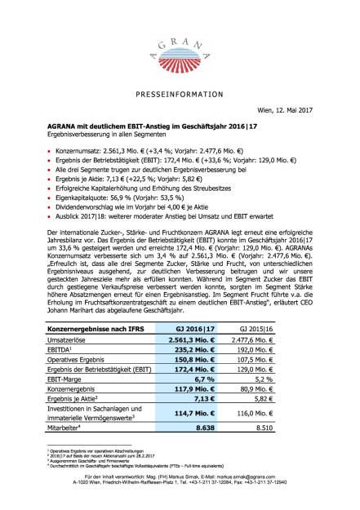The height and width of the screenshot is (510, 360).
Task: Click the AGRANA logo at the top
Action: pyautogui.click(x=180, y=41)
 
